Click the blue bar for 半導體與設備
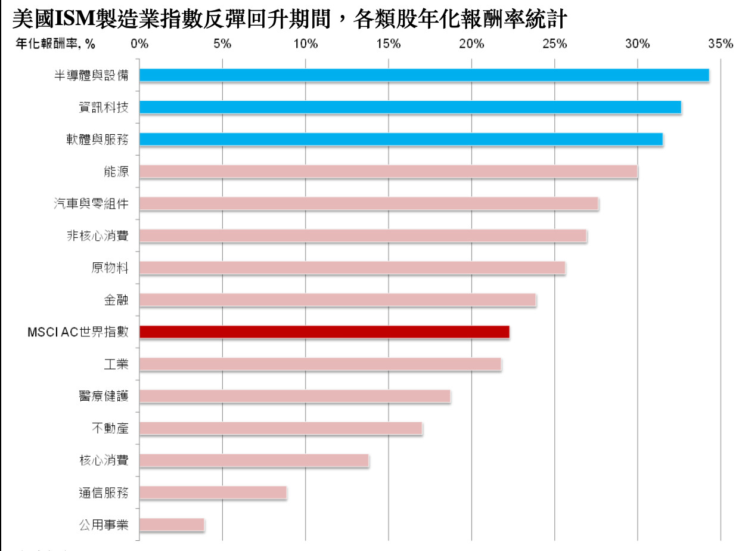(424, 75)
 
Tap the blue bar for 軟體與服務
(400, 139)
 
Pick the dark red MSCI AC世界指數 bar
(324, 332)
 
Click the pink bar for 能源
(388, 171)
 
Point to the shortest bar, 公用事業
(172, 525)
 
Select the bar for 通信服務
(213, 493)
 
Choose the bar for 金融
(337, 300)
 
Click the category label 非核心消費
(97, 236)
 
